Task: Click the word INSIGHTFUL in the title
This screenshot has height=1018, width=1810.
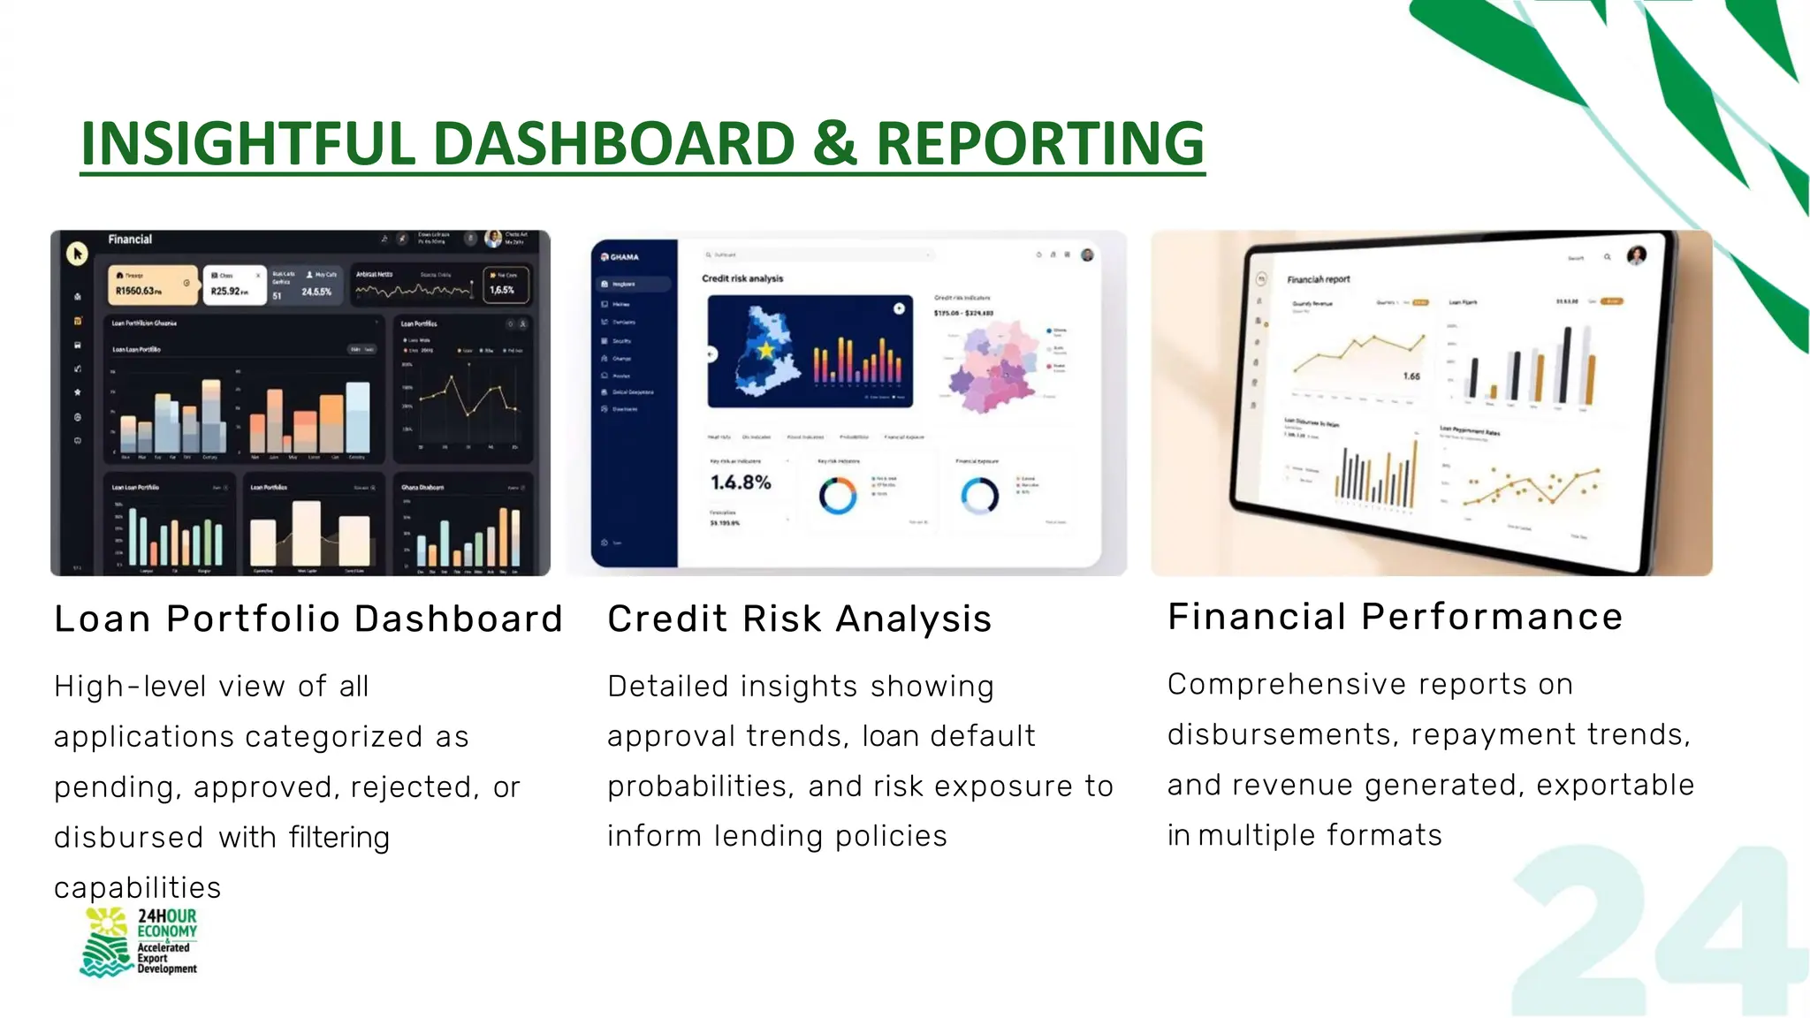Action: coord(247,143)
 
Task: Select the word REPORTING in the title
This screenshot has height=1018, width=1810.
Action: coord(1039,143)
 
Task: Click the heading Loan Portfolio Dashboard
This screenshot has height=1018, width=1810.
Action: coord(308,619)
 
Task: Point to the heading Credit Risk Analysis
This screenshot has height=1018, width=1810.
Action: coord(799,619)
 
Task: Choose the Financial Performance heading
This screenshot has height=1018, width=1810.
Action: coord(1395,616)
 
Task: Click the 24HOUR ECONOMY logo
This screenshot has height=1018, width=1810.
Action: coord(140,942)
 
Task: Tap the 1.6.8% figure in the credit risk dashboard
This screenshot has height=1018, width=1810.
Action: coord(741,482)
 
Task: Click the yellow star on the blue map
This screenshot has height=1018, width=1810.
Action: coord(765,351)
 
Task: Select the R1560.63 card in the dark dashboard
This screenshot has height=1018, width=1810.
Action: coord(152,285)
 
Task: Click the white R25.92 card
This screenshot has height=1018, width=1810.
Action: coord(234,285)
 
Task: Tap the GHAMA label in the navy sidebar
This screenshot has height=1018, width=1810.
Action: coord(623,257)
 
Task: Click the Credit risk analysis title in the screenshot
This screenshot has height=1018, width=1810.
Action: coord(742,278)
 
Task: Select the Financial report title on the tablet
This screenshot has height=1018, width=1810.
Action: coord(1318,279)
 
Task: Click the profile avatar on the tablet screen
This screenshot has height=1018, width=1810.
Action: coord(1637,256)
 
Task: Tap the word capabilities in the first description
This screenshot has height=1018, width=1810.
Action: coord(137,887)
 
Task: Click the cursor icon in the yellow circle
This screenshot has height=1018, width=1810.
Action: coord(77,254)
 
